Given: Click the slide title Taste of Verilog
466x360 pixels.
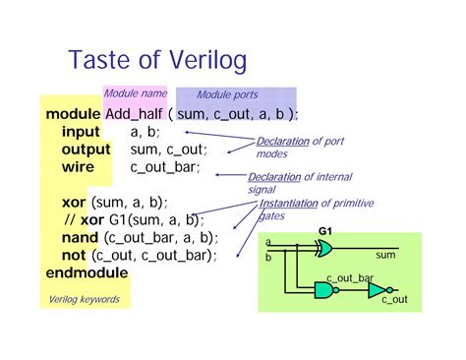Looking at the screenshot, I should pos(157,61).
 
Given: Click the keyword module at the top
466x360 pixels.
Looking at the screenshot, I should pos(72,114).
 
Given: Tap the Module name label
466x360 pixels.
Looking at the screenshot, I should pos(135,93).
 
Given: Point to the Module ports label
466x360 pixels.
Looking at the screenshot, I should pos(227,94).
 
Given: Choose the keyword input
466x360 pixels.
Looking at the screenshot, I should pos(81,132).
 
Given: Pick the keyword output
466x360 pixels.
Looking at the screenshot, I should pos(87,150).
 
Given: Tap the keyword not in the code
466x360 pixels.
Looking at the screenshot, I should pos(74,256).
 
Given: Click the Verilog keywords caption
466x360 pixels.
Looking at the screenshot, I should pos(85,299).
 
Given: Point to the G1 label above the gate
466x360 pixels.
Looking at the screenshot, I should pos(325,233).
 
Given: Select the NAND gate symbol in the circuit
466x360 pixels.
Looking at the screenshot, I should pos(323,290).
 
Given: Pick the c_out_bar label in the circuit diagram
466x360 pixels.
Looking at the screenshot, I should pos(350,278).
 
